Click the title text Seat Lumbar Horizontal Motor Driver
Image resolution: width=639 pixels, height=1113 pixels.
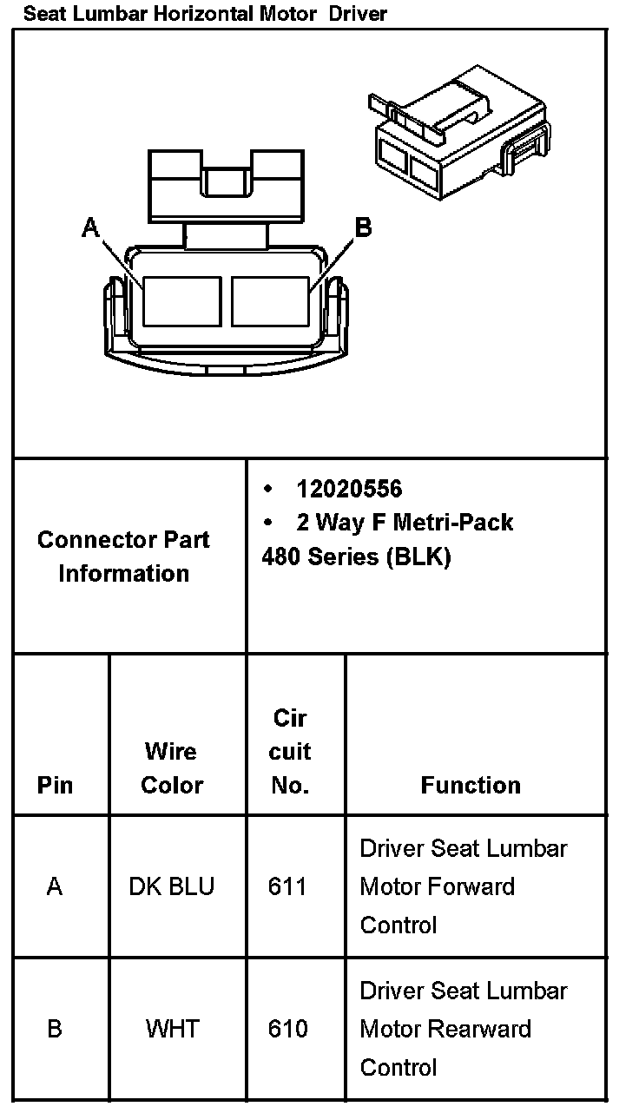205,13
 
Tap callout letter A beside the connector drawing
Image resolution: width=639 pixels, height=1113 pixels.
90,227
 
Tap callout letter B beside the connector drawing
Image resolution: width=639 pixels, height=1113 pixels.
364,227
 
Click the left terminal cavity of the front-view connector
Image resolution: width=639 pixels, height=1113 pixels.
181,301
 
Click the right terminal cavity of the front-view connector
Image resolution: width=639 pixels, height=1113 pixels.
270,301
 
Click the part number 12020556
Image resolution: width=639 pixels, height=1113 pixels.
349,489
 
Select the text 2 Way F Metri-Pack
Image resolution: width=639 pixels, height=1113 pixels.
405,522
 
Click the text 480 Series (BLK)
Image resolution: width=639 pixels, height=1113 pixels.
356,556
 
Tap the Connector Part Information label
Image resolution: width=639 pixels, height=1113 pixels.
123,556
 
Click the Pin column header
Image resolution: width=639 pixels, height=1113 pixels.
56,785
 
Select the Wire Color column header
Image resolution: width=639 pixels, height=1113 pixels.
172,767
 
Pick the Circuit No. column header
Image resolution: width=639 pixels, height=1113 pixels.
290,751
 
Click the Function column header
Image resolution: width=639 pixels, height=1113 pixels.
471,785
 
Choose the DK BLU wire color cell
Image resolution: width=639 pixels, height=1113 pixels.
172,886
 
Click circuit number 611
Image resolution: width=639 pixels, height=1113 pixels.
287,886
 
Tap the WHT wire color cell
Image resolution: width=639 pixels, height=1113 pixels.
172,1029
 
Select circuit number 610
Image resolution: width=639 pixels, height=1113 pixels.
287,1029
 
